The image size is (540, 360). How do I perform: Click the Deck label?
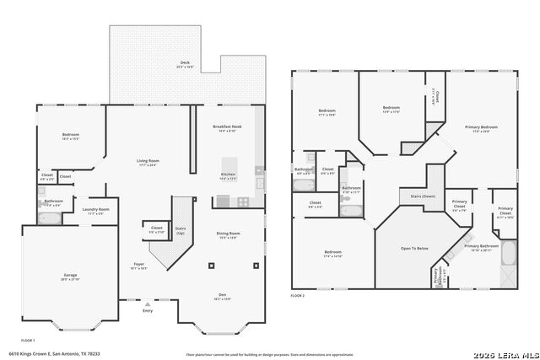184,62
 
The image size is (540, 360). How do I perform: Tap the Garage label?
70,275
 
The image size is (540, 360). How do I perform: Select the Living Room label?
148,160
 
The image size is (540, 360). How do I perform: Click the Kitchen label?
228,175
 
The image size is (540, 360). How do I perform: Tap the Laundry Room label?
95,209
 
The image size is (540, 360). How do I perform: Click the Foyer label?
138,265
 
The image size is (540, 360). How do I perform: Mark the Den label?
222,295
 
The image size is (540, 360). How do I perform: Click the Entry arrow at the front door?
148,303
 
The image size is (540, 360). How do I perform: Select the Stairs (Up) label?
180,228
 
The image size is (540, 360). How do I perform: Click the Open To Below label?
413,249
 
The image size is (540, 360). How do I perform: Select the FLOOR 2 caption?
298,296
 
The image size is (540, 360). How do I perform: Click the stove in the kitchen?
243,201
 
